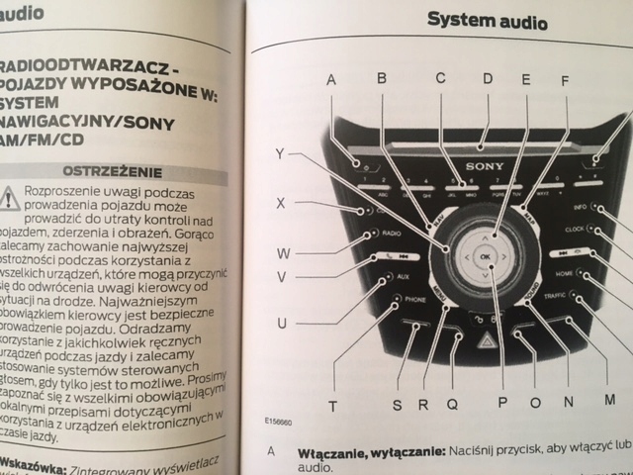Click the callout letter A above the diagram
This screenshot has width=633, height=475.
(331, 78)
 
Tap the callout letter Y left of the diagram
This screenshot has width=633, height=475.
(281, 153)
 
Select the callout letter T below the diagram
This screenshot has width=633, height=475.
(332, 405)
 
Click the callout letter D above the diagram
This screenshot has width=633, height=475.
(487, 78)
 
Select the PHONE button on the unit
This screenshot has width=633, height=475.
(411, 298)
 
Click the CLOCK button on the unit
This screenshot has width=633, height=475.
(573, 230)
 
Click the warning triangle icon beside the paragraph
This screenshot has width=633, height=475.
(9, 195)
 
